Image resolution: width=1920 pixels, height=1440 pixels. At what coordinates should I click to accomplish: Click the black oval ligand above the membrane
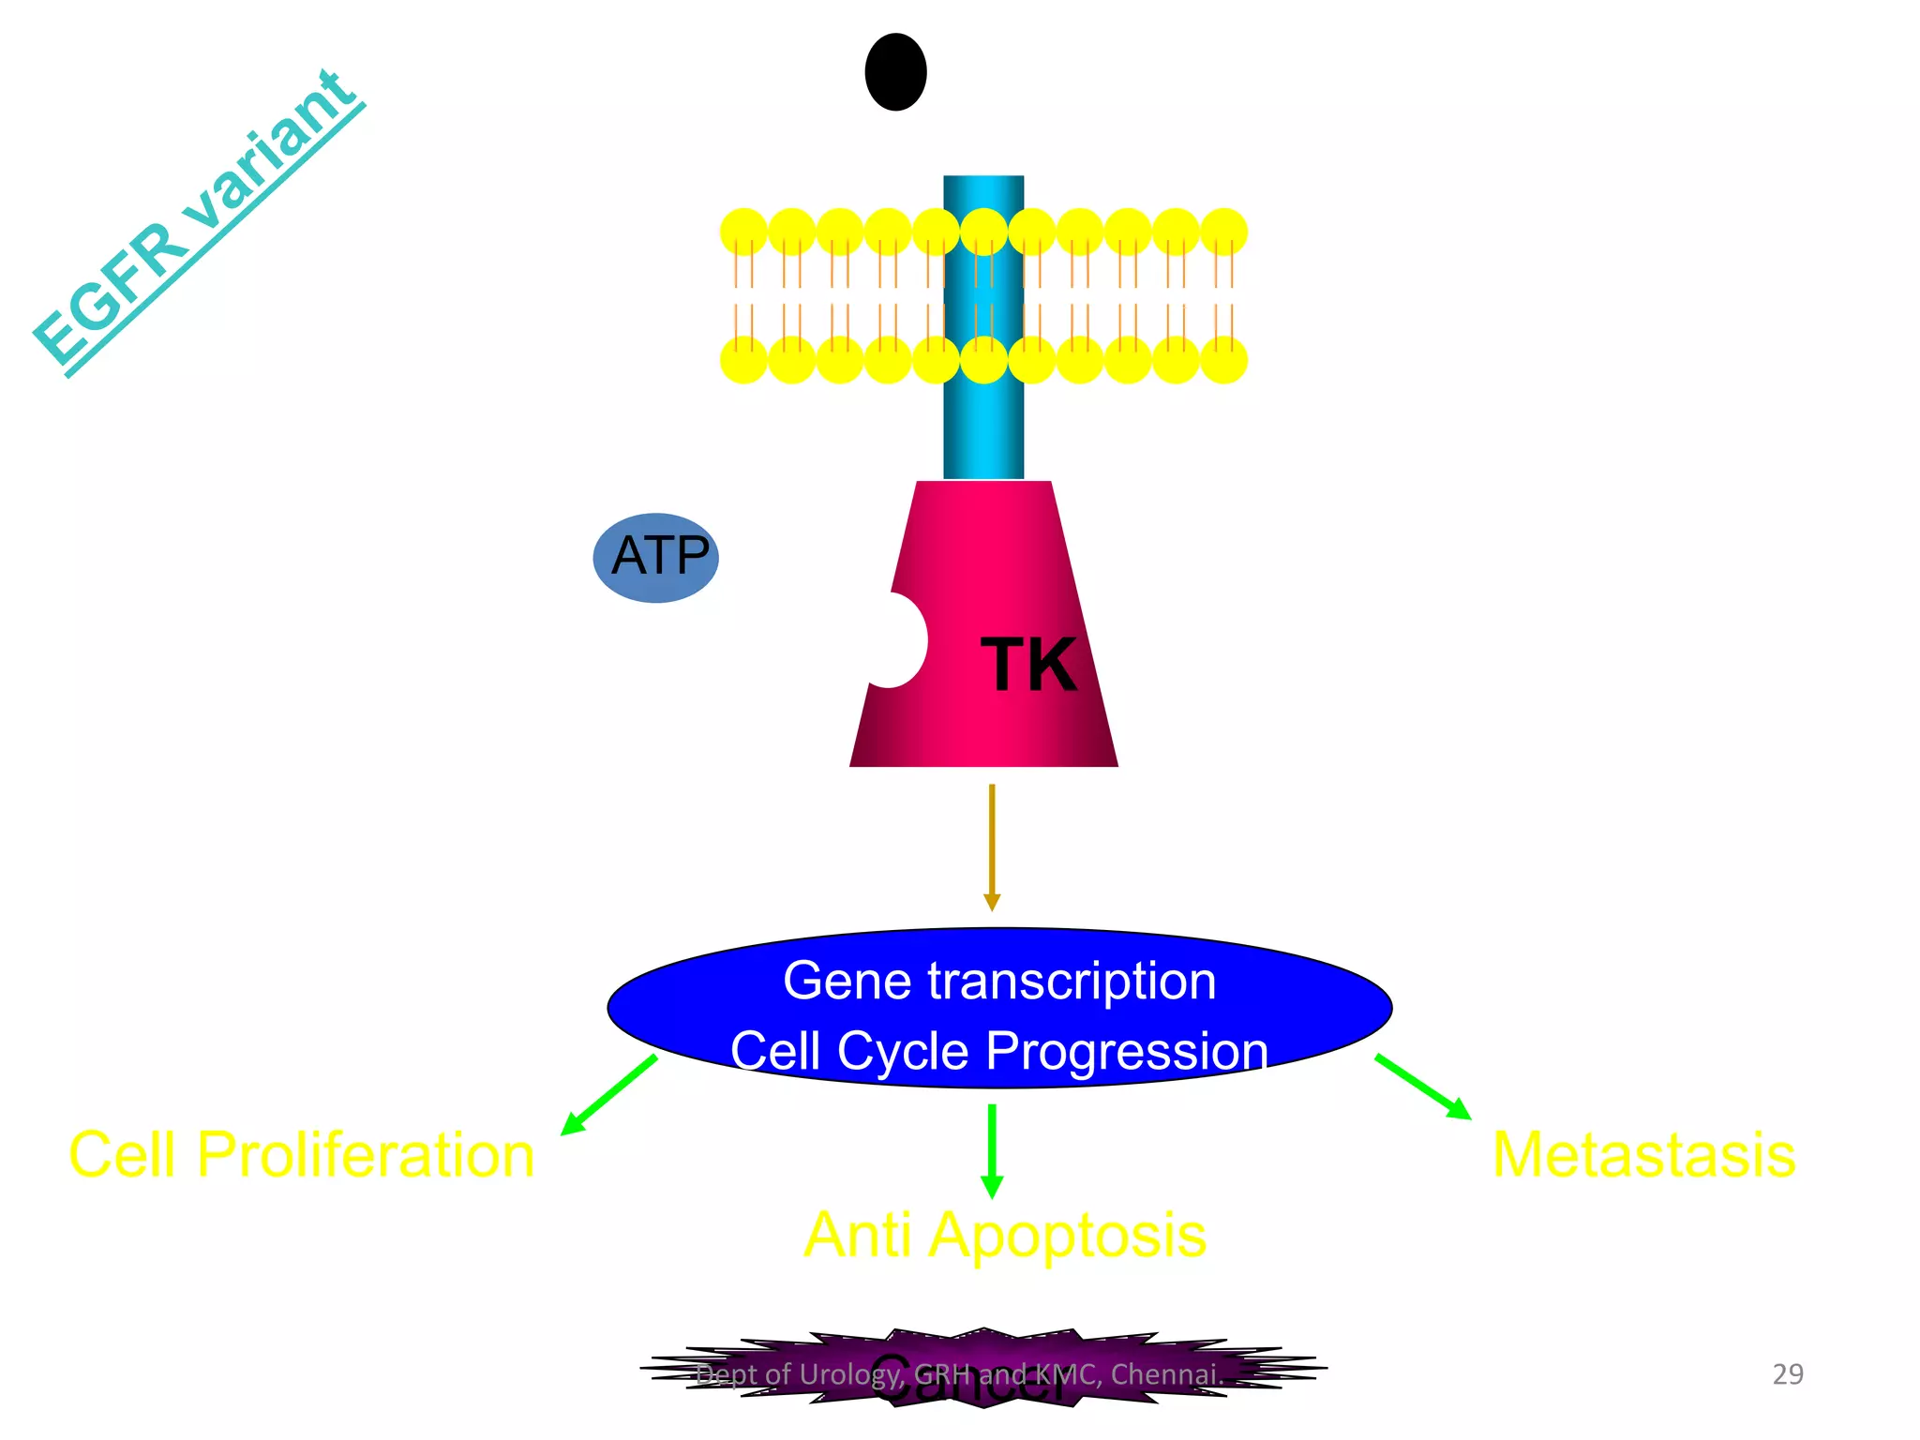click(x=895, y=72)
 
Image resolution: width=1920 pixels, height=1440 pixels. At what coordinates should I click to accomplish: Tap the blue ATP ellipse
click(x=656, y=557)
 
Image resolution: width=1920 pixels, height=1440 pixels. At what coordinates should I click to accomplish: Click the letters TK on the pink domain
click(x=1028, y=665)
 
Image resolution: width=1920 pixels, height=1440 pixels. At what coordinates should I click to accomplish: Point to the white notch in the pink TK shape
click(x=896, y=640)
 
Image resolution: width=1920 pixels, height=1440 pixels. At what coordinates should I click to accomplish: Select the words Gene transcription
click(x=999, y=982)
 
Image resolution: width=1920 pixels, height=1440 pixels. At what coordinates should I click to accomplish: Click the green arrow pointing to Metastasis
click(x=1422, y=1087)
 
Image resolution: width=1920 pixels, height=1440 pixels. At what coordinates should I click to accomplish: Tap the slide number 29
click(x=1788, y=1373)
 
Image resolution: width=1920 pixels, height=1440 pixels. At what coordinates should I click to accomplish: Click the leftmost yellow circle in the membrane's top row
click(x=743, y=232)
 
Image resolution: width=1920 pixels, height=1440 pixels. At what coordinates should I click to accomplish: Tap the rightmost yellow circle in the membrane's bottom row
click(x=1223, y=360)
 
